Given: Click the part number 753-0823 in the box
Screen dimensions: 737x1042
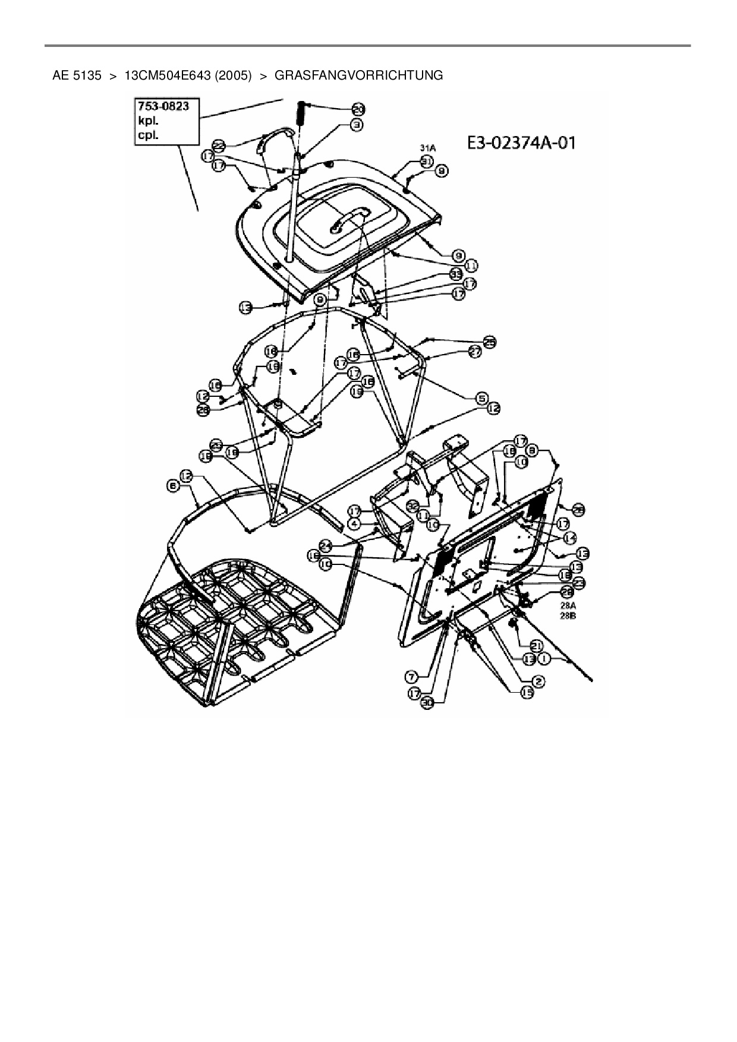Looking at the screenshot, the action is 163,106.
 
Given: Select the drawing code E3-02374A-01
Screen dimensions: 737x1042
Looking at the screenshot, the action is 520,143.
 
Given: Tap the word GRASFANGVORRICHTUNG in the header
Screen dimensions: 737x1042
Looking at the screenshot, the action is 358,75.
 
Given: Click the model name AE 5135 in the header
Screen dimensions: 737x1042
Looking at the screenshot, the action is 77,75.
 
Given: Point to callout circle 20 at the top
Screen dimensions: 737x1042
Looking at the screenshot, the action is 358,109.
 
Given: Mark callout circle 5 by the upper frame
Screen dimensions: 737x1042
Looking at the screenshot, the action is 481,398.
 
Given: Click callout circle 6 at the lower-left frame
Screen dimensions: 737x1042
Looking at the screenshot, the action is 173,485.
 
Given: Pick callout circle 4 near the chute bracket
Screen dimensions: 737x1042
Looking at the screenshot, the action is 354,523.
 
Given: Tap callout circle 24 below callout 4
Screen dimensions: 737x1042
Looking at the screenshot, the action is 325,544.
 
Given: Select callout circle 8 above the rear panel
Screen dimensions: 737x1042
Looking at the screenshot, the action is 533,451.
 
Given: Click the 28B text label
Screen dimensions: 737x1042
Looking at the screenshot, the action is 569,616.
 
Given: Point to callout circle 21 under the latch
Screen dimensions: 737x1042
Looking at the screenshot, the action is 536,646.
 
